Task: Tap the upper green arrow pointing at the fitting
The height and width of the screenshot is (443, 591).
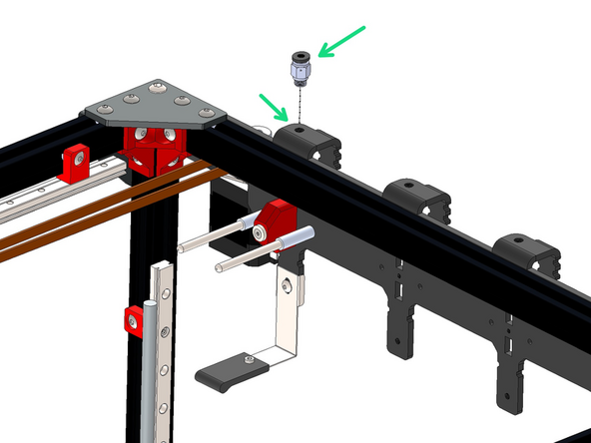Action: click(341, 41)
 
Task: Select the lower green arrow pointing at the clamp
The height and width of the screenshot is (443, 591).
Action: click(274, 107)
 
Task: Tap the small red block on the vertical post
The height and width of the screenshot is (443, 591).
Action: click(132, 319)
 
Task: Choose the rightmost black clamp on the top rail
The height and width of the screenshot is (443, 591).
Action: click(527, 255)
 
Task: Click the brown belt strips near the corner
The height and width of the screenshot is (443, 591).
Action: click(100, 210)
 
